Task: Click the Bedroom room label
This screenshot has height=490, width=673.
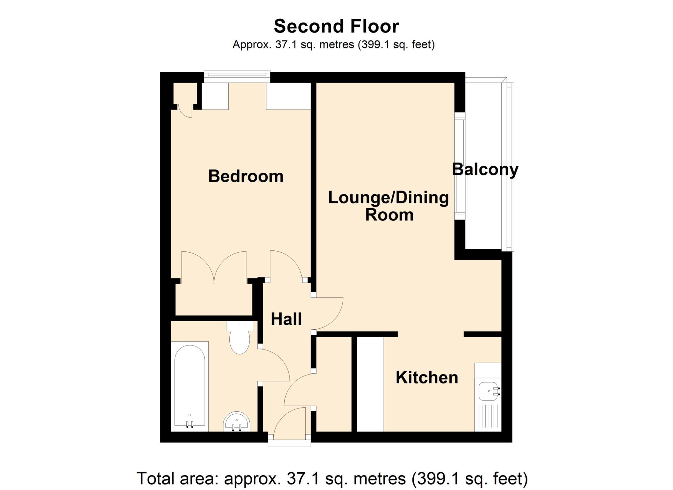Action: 245,176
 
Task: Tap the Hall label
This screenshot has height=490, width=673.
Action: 286,319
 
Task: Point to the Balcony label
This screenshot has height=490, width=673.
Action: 485,169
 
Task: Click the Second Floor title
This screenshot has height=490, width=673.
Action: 336,26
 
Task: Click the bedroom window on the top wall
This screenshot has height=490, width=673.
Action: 237,76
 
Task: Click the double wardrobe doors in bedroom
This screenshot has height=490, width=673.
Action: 214,267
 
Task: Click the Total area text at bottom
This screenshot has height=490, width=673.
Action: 332,478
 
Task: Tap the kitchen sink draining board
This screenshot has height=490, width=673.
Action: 488,416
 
